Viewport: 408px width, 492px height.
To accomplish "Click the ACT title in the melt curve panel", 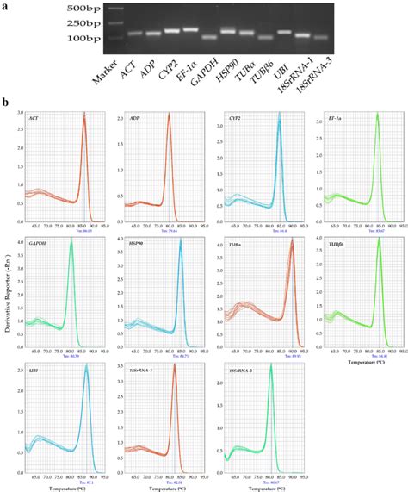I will (x=34, y=117).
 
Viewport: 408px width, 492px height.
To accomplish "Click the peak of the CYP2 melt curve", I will (x=279, y=115).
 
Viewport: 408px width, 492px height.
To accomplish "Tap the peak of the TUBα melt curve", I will (x=292, y=242).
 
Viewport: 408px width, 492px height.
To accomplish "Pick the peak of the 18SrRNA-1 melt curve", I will (x=173, y=364).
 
